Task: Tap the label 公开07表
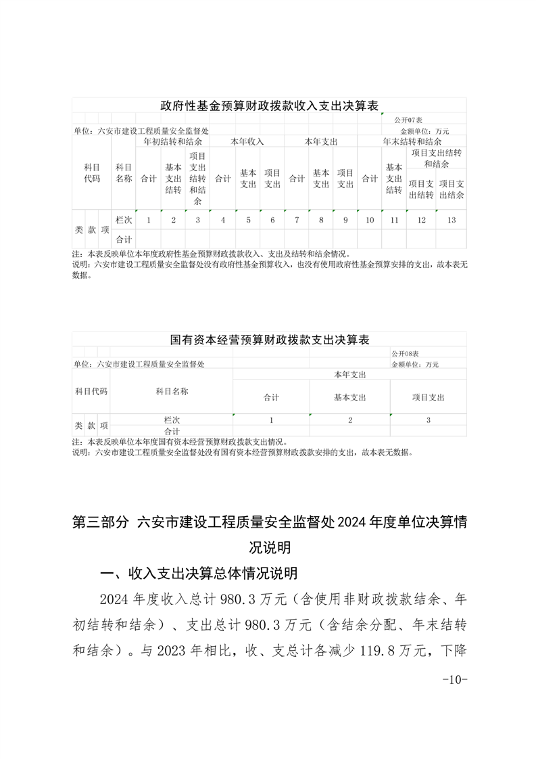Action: [407, 120]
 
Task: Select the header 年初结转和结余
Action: [172, 142]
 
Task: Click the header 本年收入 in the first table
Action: [247, 142]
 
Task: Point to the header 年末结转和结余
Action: [412, 142]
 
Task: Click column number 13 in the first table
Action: [452, 220]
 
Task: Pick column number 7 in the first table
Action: [297, 220]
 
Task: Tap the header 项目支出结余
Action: [452, 189]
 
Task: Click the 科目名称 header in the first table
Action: [124, 173]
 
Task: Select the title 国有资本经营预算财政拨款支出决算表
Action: [269, 340]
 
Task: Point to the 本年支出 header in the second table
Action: [349, 374]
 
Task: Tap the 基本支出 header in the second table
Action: [349, 398]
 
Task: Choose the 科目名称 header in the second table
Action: [172, 391]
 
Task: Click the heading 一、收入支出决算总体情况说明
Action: [198, 574]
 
